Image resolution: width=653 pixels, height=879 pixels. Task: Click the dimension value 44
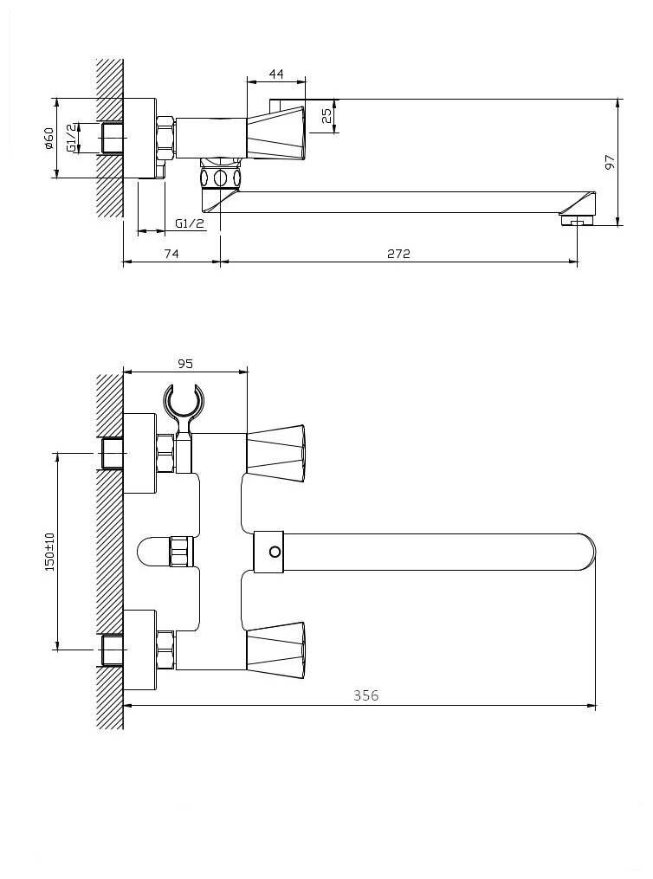coord(276,74)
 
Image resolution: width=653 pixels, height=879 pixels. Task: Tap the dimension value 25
coord(327,116)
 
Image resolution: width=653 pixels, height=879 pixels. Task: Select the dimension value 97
coord(610,162)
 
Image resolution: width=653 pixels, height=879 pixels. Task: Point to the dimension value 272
coord(398,254)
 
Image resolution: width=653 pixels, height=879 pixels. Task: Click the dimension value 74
coord(171,254)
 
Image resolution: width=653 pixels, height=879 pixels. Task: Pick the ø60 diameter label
coord(48,139)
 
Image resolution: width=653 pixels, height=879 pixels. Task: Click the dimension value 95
coord(185,364)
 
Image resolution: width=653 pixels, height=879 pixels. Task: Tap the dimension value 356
coord(366,695)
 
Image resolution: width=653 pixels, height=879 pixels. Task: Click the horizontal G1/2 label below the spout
coord(190,223)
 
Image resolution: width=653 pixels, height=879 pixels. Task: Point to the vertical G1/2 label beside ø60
coord(72,138)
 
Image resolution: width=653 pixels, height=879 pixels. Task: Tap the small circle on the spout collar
coord(275,553)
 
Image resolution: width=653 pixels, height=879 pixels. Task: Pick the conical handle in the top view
coord(275,132)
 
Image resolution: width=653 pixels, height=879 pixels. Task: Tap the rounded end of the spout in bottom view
coord(586,553)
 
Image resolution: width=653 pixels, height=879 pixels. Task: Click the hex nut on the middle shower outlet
coord(182,553)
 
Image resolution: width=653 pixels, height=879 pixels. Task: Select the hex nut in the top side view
coord(166,139)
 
